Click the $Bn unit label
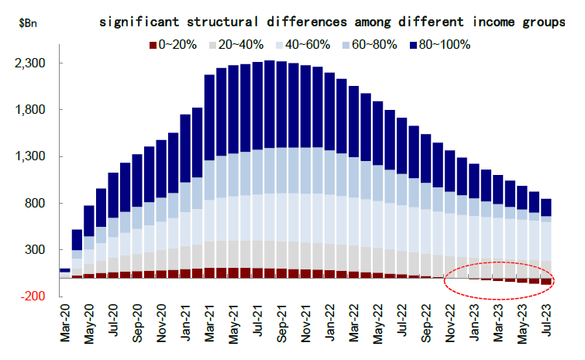point(26,22)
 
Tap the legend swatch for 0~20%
point(152,44)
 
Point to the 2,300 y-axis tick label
point(32,63)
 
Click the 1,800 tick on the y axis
point(32,110)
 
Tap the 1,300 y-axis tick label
point(32,156)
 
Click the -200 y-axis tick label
point(35,297)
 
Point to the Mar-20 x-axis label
point(65,326)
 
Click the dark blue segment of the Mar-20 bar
point(65,270)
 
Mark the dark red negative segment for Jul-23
point(545,281)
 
